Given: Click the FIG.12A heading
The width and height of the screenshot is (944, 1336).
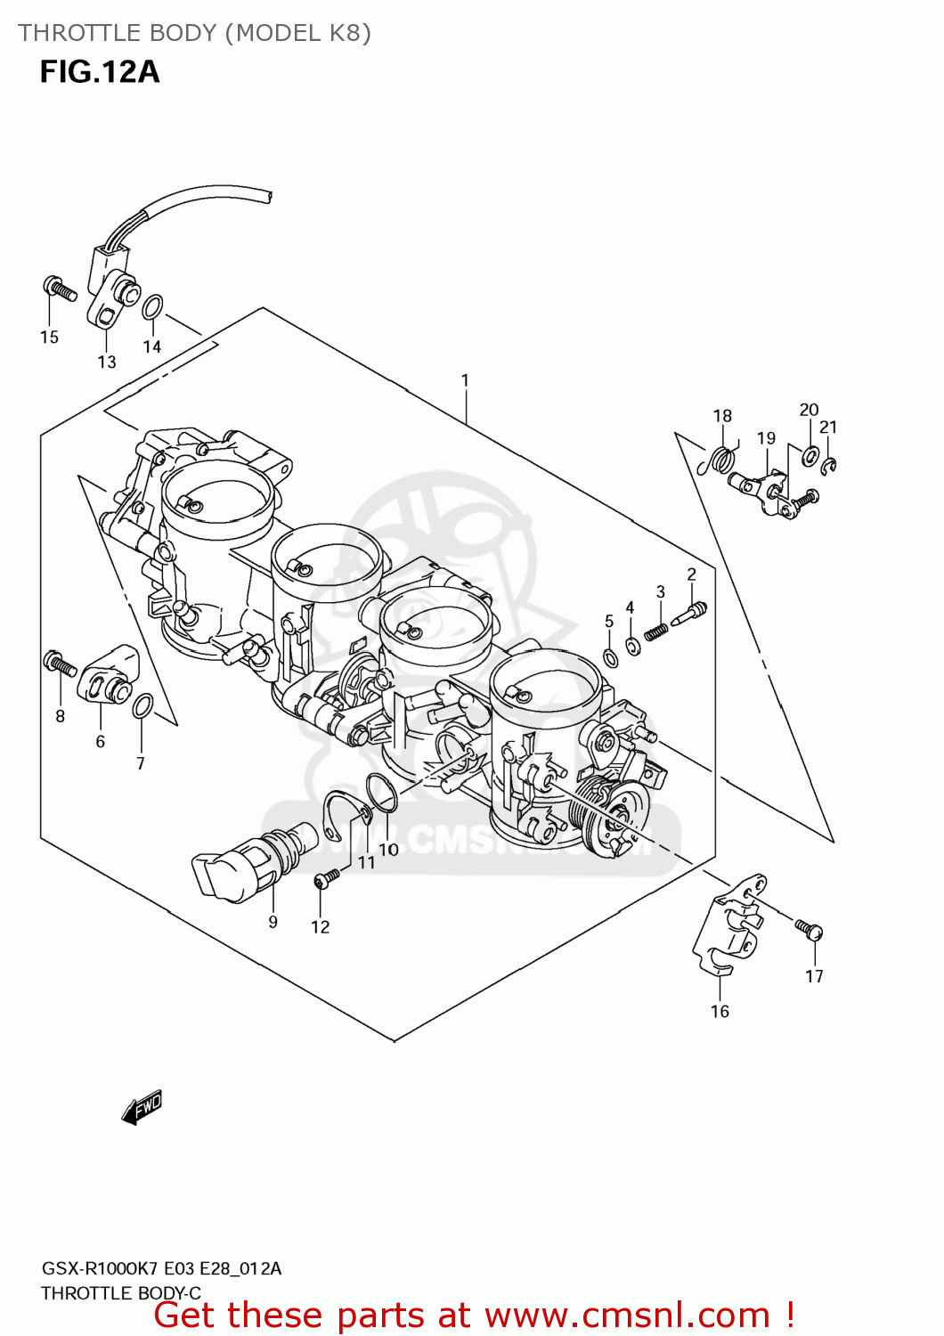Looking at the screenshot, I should (100, 72).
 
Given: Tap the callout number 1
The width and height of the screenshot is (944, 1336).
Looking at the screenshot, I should (465, 380).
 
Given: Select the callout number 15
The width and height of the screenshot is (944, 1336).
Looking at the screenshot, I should (49, 338).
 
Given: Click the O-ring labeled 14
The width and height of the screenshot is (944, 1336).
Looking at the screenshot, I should (152, 307).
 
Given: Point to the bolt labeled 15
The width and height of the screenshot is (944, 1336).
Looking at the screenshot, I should (59, 288).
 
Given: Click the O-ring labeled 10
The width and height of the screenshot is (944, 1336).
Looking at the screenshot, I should (381, 793).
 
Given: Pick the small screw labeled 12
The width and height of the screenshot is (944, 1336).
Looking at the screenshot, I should (326, 879).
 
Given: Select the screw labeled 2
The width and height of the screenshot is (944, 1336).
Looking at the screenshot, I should (691, 614).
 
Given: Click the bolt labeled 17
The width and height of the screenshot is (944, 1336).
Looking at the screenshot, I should (810, 930).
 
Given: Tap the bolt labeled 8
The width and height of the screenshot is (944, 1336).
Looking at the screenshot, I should (60, 663).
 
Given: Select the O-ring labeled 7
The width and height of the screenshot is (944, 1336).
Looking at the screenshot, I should (142, 707).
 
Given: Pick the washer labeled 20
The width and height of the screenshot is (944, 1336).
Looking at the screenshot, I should (810, 456).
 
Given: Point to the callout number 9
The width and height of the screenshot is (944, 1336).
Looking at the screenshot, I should (273, 923).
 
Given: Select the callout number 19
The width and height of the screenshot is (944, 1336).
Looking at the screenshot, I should (766, 438).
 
